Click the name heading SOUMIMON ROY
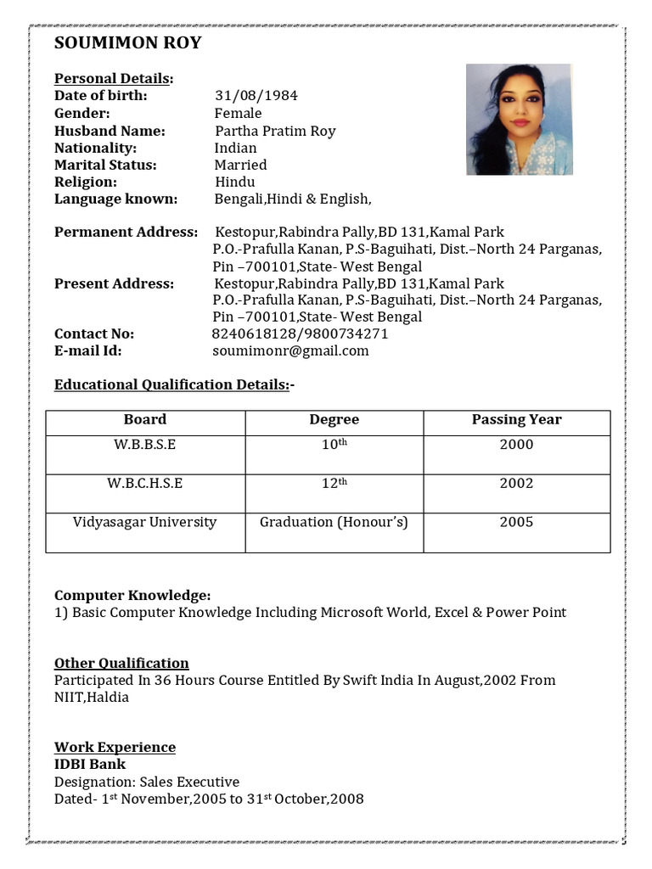[x=127, y=43]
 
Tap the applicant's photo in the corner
[x=519, y=120]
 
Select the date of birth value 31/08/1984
[x=256, y=96]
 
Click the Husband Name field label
[x=110, y=131]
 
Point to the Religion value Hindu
[x=234, y=182]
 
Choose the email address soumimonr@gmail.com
[x=291, y=350]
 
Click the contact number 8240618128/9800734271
[x=300, y=334]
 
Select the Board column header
[x=145, y=420]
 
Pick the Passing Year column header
[x=516, y=420]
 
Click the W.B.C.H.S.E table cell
[x=145, y=484]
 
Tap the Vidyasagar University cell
[x=145, y=523]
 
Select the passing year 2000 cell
[x=516, y=445]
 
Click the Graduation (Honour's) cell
[x=334, y=523]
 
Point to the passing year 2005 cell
[x=516, y=523]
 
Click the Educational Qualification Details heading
[x=174, y=384]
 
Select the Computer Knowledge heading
[x=132, y=596]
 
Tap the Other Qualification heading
[x=121, y=663]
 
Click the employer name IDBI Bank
[x=90, y=765]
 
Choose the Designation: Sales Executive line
[x=147, y=782]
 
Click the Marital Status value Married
[x=240, y=165]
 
